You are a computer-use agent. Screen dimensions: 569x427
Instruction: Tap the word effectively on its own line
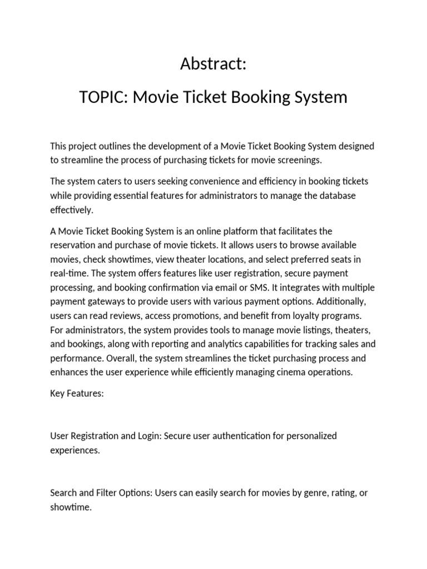tap(72, 210)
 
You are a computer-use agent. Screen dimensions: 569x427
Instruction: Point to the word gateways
tap(104, 302)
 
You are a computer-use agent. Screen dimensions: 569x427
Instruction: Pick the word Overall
tap(122, 358)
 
